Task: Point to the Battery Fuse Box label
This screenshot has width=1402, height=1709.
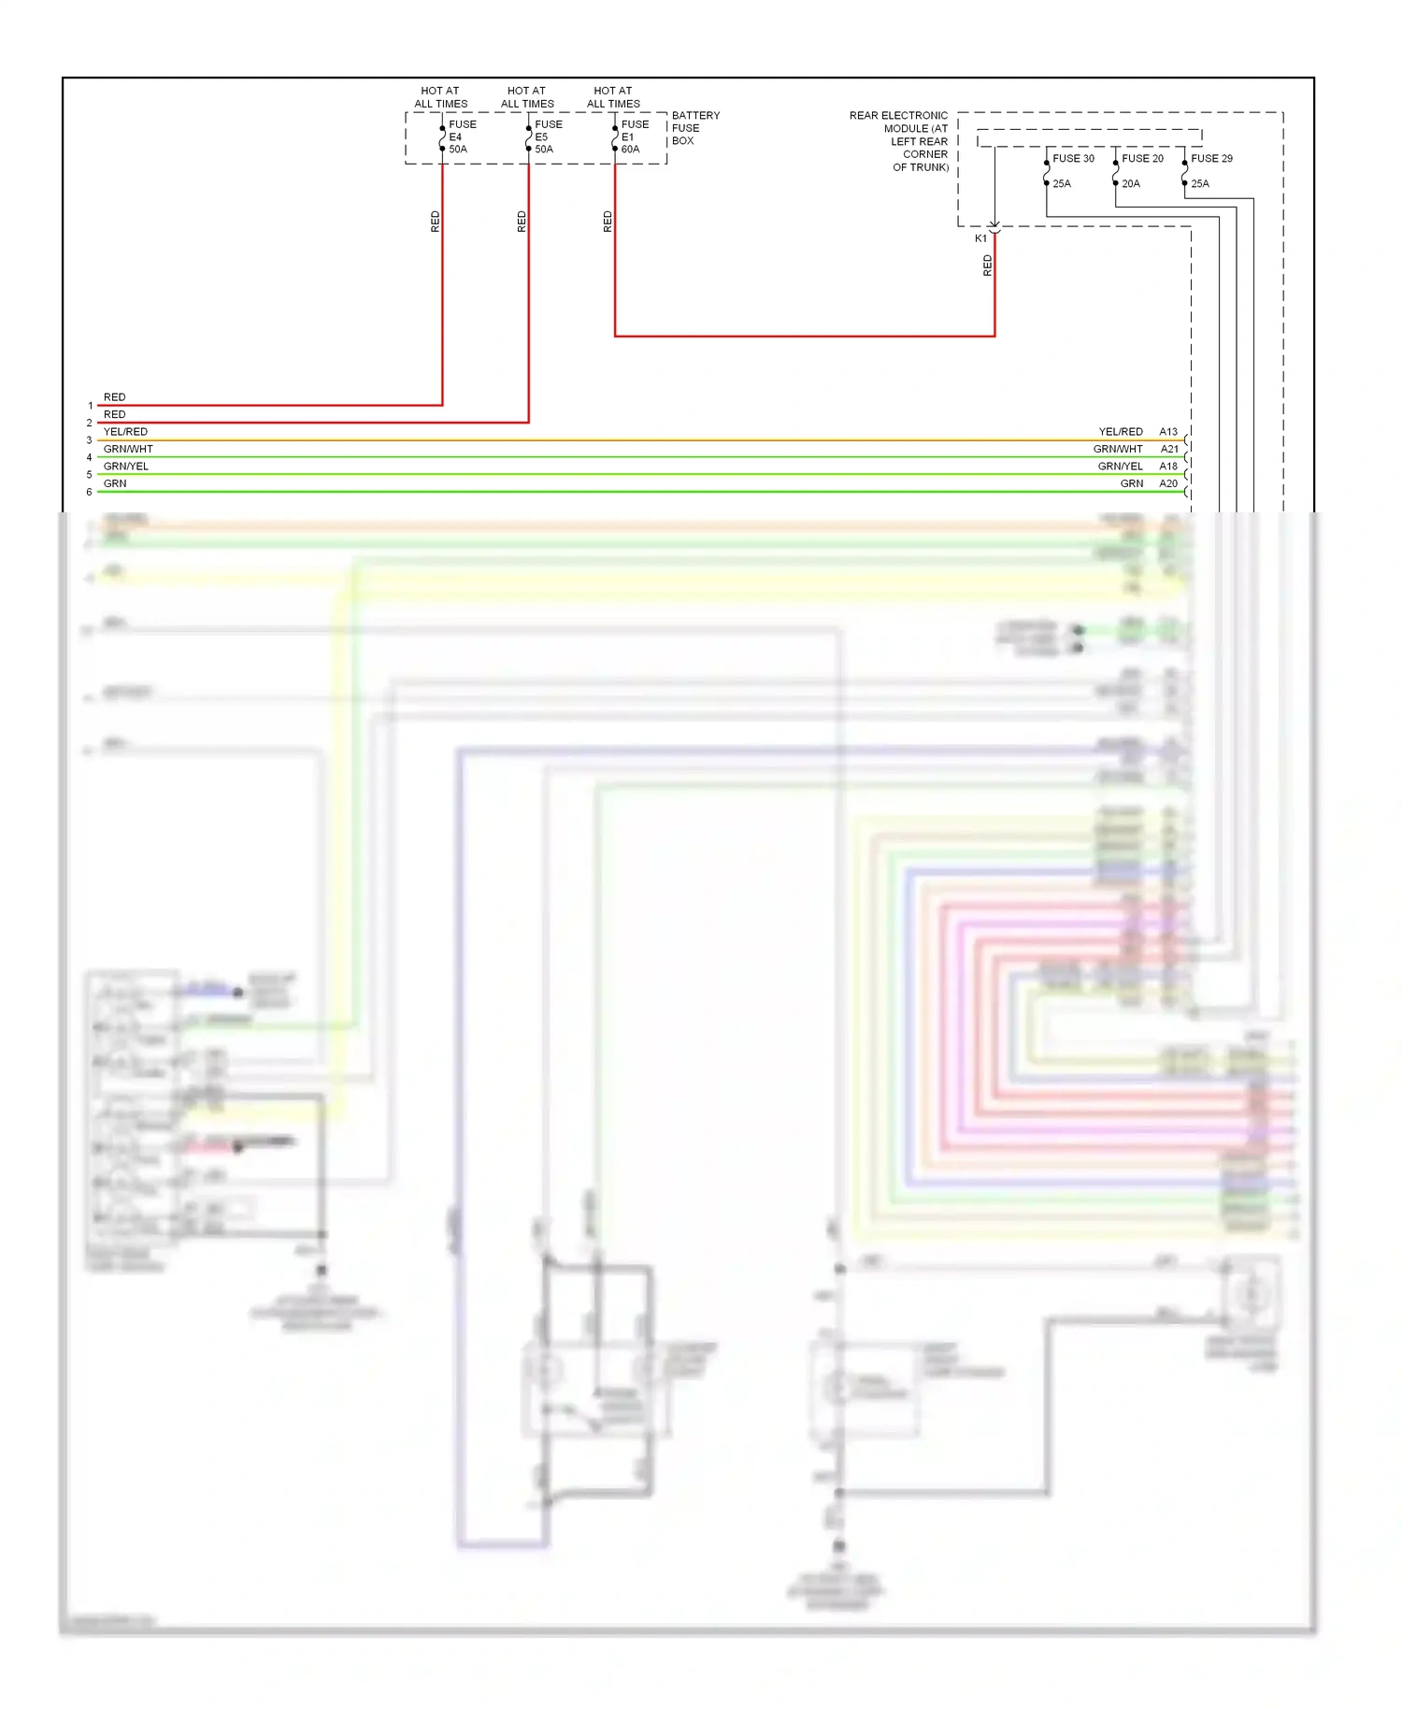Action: click(695, 128)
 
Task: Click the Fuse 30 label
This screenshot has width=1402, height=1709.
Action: click(1073, 159)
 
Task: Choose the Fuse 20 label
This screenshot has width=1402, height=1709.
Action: click(1142, 159)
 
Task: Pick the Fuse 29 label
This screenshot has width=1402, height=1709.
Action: click(1211, 159)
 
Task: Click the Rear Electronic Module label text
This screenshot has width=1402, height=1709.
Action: click(898, 141)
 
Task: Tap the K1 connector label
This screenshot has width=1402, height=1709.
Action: click(980, 238)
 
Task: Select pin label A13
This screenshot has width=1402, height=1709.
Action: click(1168, 432)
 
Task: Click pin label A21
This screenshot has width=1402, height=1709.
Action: click(1168, 450)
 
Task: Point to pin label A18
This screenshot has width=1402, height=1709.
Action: click(1168, 467)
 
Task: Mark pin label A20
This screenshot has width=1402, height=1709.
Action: click(1168, 484)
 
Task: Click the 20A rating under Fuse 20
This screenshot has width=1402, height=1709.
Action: click(1131, 184)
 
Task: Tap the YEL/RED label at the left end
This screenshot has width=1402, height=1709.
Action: click(125, 432)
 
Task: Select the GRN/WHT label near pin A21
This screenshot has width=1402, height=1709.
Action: click(1118, 450)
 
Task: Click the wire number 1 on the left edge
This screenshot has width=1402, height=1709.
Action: click(90, 406)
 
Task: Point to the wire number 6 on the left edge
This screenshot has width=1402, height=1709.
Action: click(90, 493)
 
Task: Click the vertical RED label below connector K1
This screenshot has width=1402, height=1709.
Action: click(987, 266)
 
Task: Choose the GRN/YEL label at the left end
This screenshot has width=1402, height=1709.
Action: click(125, 467)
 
